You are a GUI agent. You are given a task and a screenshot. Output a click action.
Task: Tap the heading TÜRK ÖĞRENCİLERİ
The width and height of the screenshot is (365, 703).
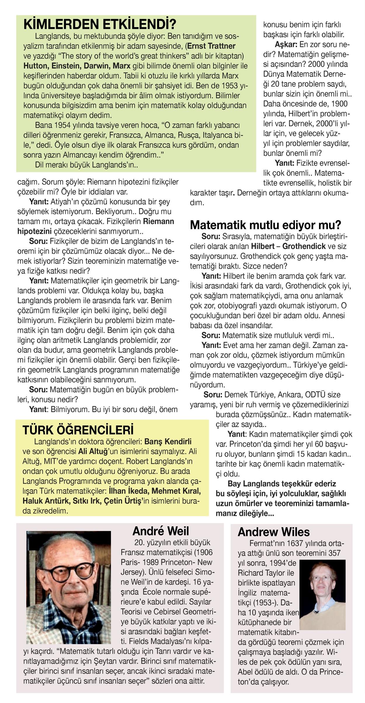pos(78,430)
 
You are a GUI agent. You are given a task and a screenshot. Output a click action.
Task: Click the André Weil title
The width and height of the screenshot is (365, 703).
pos(161,531)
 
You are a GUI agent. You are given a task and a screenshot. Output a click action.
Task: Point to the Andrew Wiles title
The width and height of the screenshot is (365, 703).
pos(274,532)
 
